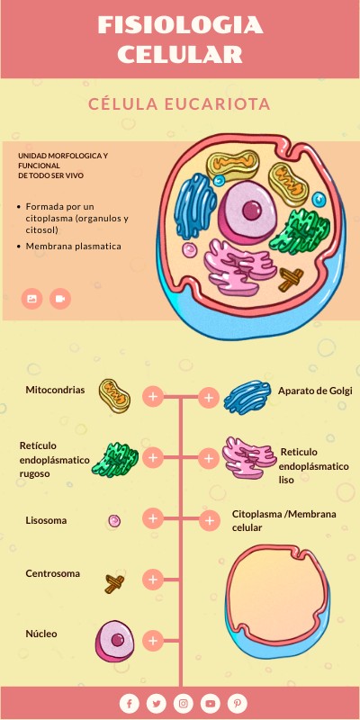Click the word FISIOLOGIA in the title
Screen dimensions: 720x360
180,26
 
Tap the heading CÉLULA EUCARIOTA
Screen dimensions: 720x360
180,104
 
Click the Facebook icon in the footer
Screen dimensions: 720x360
130,703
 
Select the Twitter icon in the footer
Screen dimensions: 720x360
157,703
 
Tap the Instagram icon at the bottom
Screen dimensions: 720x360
183,703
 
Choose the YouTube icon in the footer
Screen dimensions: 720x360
210,703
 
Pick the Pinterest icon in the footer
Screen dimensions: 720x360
237,703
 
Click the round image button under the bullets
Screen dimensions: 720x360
32,298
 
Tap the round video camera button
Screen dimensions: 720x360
60,298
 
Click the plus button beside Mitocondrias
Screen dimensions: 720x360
153,396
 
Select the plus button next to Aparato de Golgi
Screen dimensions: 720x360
209,396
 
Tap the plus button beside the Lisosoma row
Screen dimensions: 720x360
153,518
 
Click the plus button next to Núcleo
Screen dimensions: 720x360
153,641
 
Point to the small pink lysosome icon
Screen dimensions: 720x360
114,520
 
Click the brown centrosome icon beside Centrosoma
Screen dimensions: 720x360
115,583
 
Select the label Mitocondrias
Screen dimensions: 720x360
55,391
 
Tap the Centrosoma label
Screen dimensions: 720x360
52,573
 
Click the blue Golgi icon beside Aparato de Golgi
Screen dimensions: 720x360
247,397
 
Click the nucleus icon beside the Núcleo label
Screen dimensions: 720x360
116,641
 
